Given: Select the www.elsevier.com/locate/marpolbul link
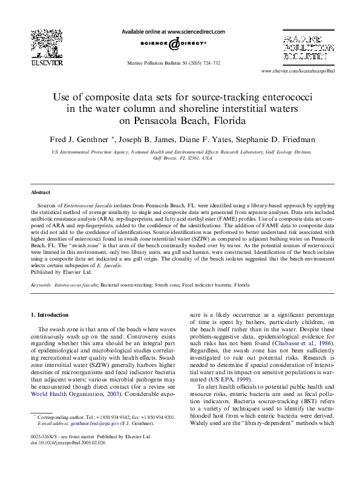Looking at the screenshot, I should (298, 71).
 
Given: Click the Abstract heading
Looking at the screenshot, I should (41, 192).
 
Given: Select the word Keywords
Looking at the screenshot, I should (41, 284).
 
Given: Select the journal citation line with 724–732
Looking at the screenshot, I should (174, 63).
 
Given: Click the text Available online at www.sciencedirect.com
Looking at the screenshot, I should (174, 31).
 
